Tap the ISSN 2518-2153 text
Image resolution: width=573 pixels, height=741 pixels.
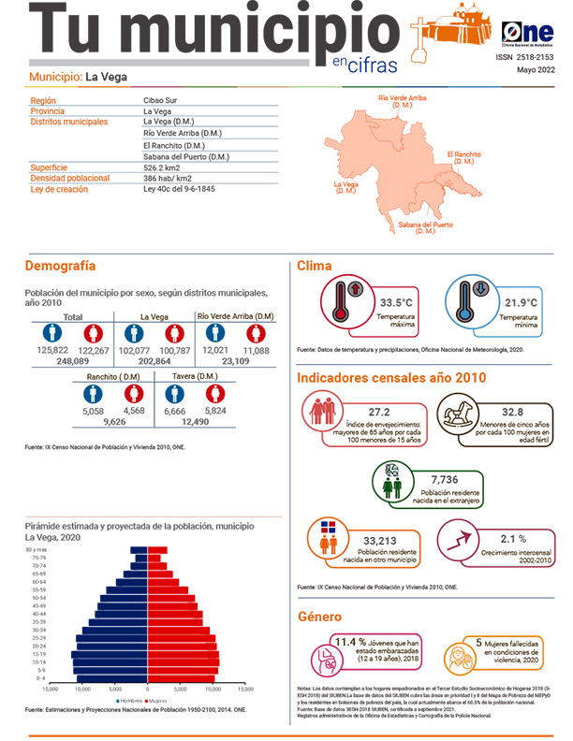[525, 57]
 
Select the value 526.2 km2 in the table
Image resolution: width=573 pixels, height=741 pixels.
[162, 167]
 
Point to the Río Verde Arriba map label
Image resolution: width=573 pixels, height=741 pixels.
[402, 100]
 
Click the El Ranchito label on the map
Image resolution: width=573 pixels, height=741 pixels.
[463, 156]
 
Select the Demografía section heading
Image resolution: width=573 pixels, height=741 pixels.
[60, 266]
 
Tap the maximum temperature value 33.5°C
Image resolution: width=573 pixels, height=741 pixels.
[396, 303]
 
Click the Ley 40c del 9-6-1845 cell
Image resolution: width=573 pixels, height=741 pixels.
[179, 189]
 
